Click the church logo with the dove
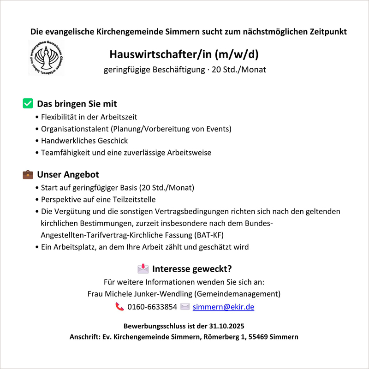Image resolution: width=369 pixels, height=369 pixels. coord(46,58)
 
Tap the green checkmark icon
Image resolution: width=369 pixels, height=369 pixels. coord(27,103)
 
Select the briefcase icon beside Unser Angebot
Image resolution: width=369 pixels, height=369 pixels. coord(27,175)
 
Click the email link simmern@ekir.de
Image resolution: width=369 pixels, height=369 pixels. coord(223,307)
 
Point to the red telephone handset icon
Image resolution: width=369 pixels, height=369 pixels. coord(120,307)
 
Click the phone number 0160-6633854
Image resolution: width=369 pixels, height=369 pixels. coord(152,307)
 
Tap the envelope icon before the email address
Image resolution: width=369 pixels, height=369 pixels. coord(185,307)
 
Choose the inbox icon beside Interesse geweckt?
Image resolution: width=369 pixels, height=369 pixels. coord(143,268)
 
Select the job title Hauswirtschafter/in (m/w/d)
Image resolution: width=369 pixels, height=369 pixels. coord(184,54)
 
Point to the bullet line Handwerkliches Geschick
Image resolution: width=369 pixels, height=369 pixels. coord(84,141)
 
